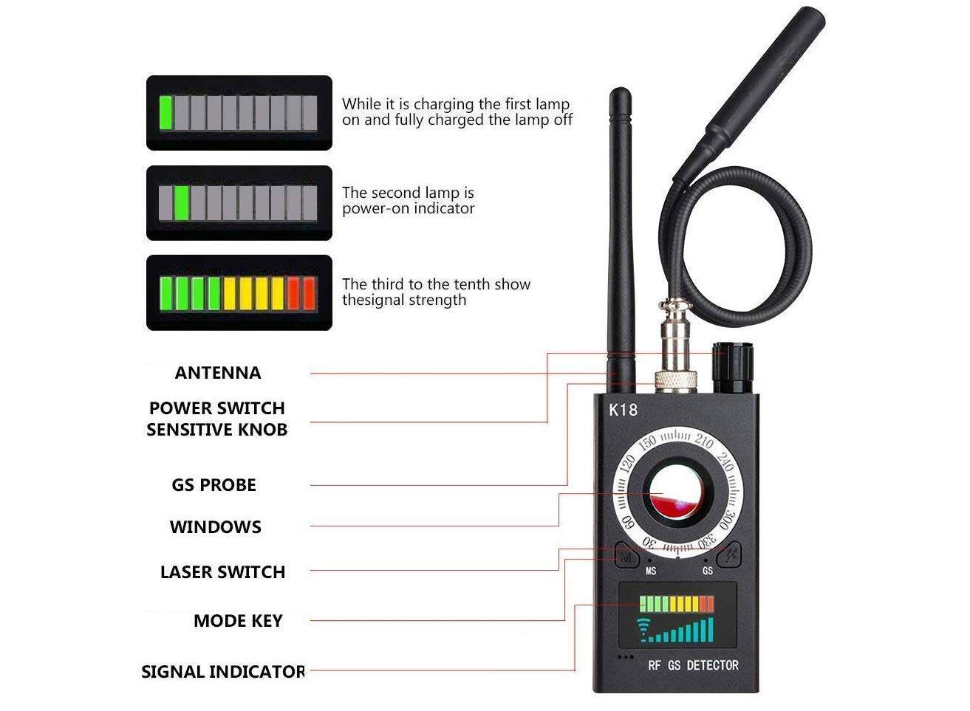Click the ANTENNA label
click(x=218, y=373)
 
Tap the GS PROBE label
click(x=214, y=485)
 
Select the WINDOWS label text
click(x=215, y=527)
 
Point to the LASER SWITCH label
click(x=222, y=572)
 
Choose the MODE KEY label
click(x=238, y=621)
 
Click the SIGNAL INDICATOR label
click(x=223, y=672)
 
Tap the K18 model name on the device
click(x=623, y=410)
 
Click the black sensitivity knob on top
click(x=733, y=368)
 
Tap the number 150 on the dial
click(x=647, y=444)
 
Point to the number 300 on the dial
click(x=726, y=519)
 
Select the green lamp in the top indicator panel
click(x=165, y=112)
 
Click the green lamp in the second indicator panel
click(x=182, y=202)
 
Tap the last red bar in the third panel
click(x=310, y=293)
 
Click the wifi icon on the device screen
click(x=643, y=630)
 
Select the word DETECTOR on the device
click(x=713, y=665)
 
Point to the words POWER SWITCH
click(x=217, y=408)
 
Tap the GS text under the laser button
click(x=708, y=571)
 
